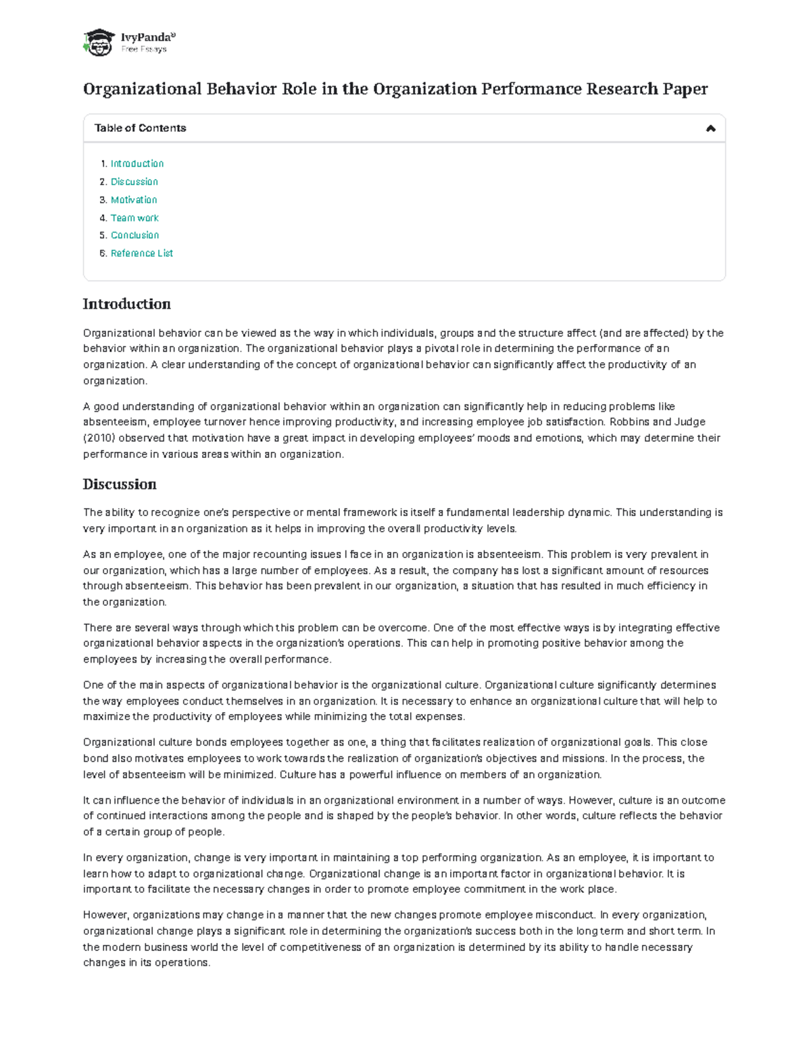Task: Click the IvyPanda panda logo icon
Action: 99,43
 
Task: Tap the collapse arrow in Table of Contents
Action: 710,128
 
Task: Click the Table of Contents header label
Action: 140,128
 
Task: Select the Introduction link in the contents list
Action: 137,163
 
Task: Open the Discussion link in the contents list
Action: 134,182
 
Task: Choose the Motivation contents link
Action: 134,200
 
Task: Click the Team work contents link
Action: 134,218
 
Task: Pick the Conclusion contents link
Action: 135,235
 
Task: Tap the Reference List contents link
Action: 142,253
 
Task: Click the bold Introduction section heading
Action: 126,304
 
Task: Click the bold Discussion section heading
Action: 120,484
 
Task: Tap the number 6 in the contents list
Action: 103,253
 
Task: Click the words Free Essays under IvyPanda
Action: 144,49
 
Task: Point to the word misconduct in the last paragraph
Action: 566,915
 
